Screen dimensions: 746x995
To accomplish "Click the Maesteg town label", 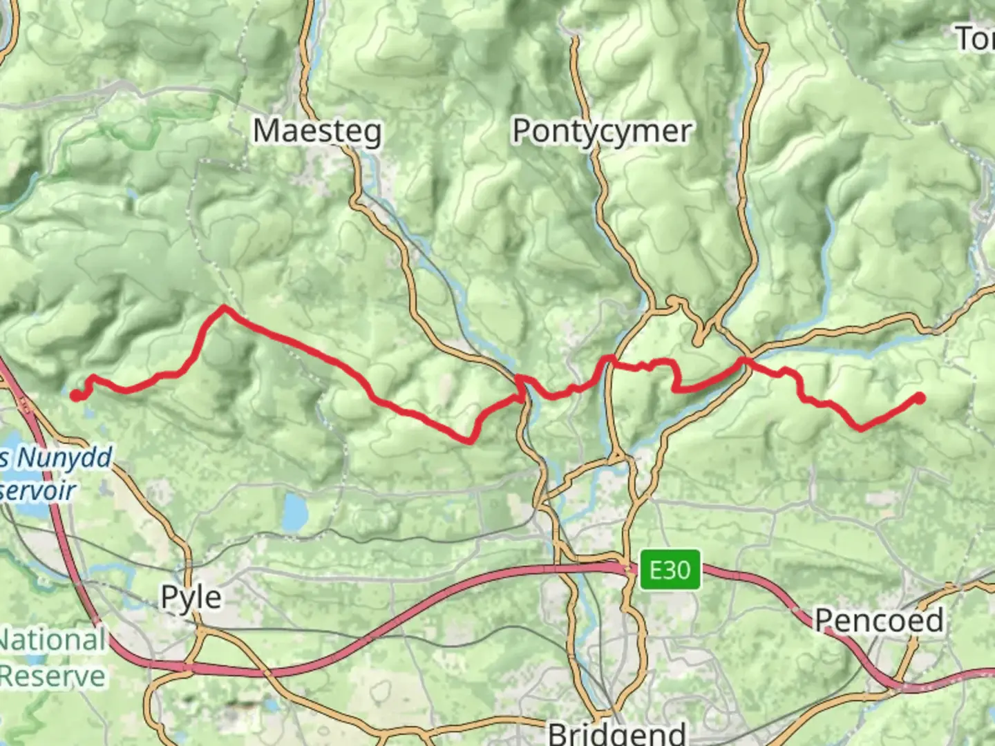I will (316, 131).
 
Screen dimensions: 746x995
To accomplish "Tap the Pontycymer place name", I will (601, 131).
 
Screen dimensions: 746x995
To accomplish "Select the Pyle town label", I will (191, 597).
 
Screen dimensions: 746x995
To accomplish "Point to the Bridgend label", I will (617, 732).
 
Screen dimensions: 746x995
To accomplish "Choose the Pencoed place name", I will (879, 620).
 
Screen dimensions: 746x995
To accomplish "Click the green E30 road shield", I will (670, 570).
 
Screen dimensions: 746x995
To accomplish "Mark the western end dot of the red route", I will (75, 395).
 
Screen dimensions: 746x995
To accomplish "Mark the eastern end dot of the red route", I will (920, 397).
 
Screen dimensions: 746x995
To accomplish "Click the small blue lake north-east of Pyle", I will (296, 512).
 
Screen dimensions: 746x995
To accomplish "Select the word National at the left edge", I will (53, 640).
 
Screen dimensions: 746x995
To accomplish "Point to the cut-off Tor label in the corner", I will (976, 38).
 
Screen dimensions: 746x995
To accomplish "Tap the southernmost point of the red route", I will (470, 441).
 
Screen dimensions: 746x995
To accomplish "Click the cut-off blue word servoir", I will (39, 490).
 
